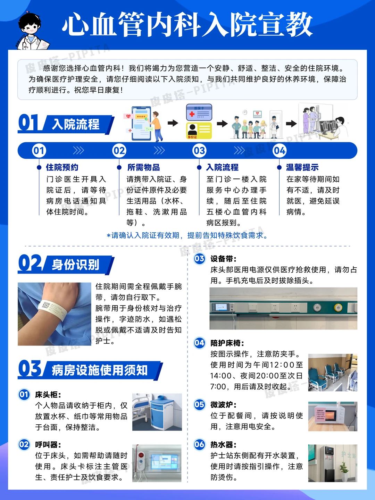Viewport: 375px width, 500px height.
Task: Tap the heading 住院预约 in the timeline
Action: click(x=62, y=167)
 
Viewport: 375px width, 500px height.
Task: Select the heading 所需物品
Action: click(x=143, y=167)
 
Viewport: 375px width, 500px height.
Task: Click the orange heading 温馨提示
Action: click(x=302, y=167)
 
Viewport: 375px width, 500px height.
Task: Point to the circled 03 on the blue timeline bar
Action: click(x=199, y=151)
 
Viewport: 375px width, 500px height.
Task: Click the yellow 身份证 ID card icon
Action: click(x=199, y=131)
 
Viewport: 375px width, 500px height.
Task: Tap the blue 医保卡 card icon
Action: click(x=199, y=112)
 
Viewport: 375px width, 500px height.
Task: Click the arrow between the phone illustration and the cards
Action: click(x=173, y=123)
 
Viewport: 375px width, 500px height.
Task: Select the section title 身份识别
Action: click(x=76, y=265)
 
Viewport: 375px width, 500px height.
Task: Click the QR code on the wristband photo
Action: click(x=46, y=306)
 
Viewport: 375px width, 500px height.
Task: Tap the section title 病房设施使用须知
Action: click(x=100, y=370)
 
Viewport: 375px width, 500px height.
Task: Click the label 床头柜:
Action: click(x=48, y=394)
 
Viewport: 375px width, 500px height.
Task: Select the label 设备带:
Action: click(x=223, y=259)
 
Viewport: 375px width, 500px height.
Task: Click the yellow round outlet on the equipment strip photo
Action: click(x=337, y=307)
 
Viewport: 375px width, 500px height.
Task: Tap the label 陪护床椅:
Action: click(x=227, y=343)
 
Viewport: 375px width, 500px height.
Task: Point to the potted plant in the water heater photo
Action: click(x=344, y=469)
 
